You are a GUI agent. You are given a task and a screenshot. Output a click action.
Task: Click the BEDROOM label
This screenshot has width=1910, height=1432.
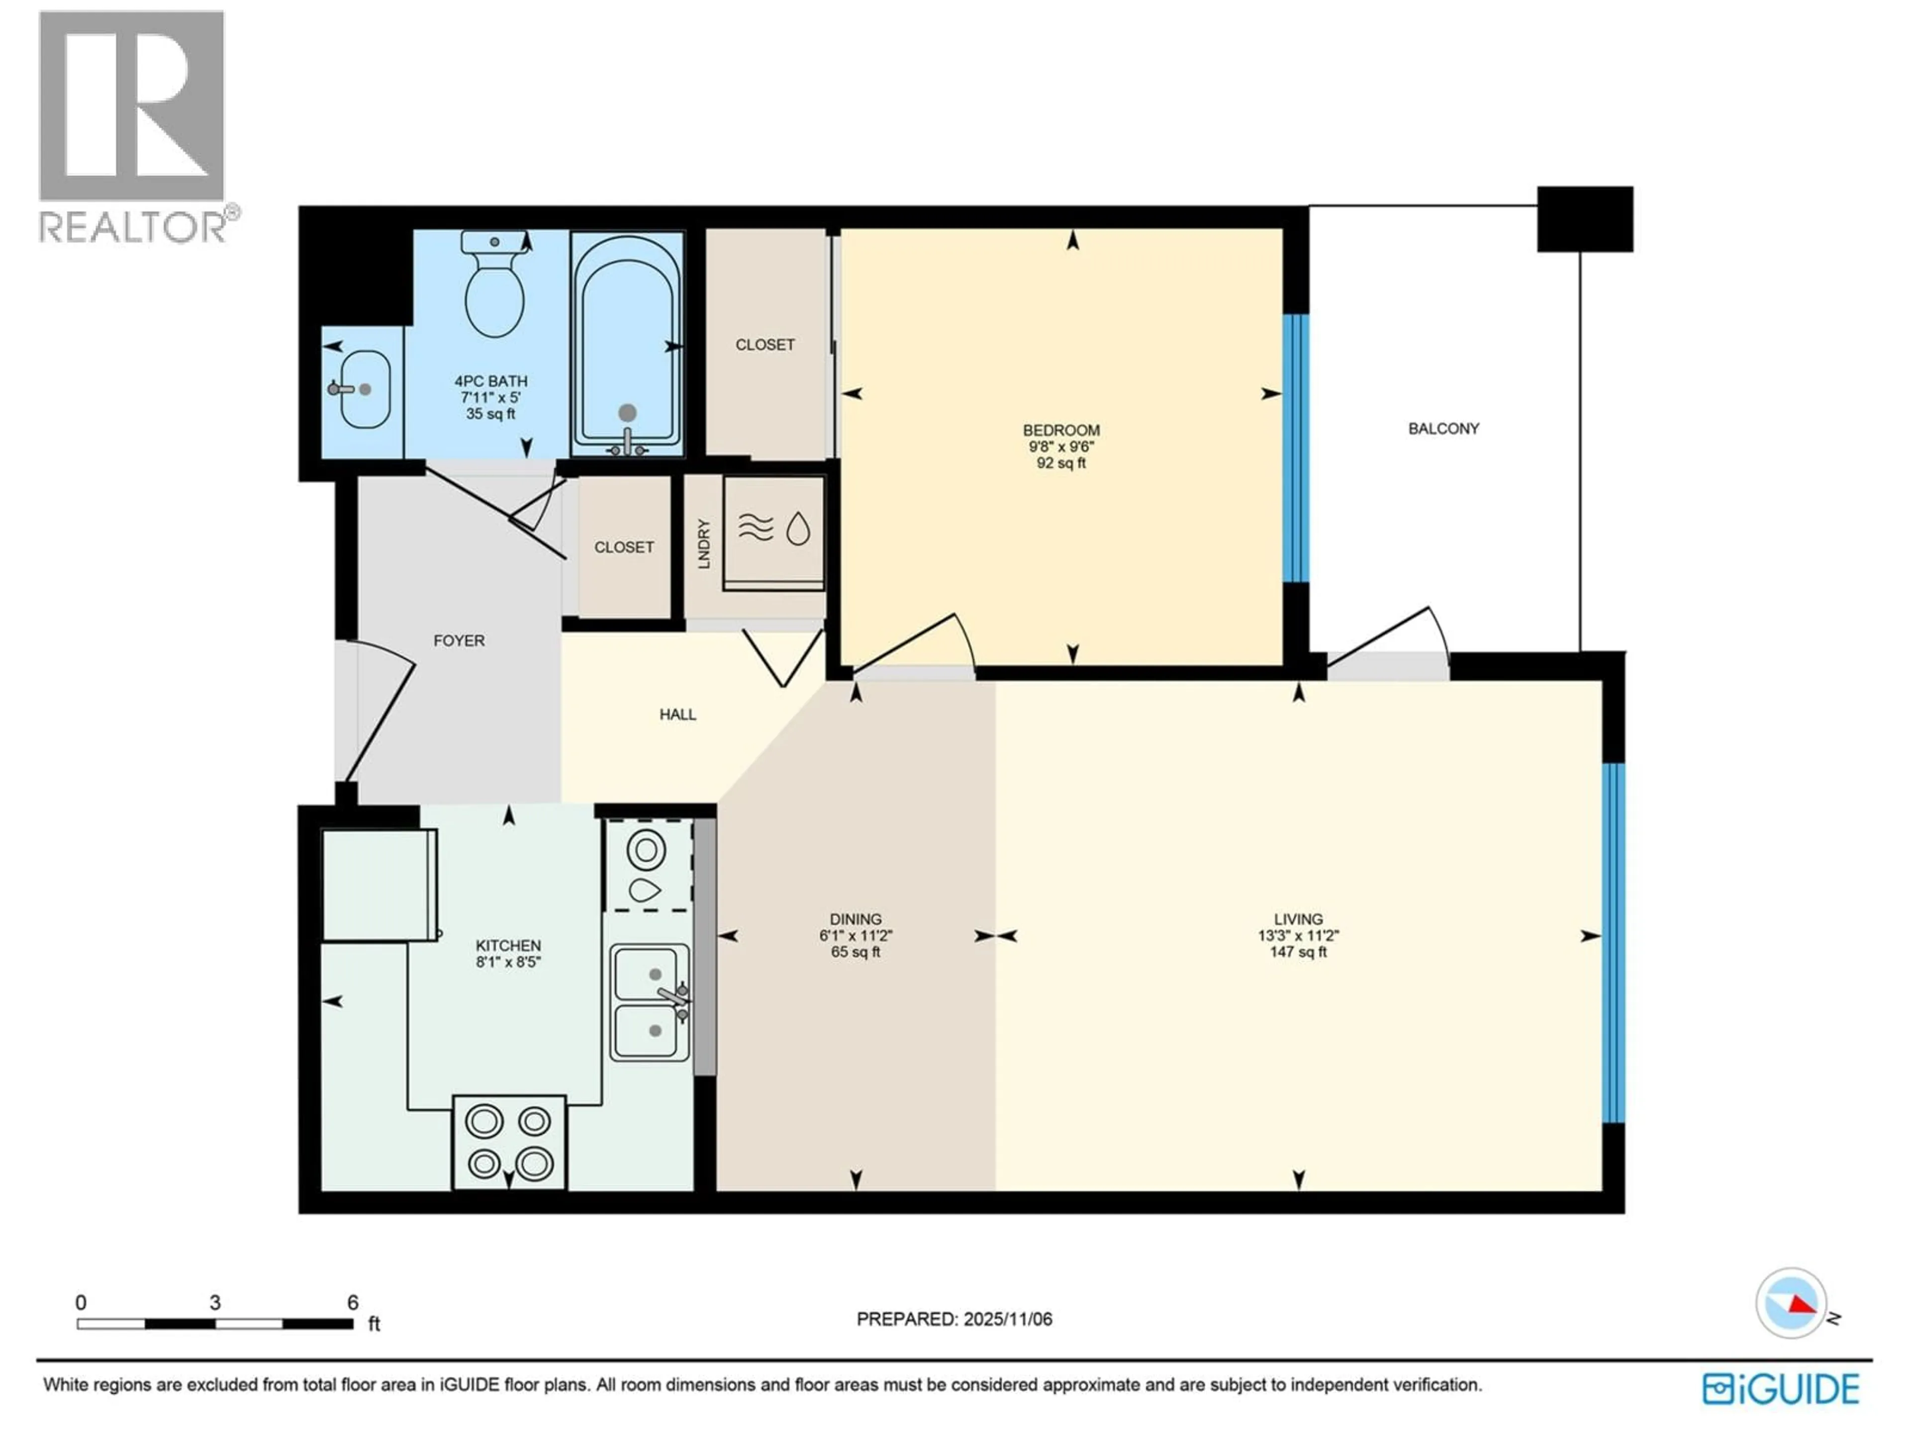point(1061,430)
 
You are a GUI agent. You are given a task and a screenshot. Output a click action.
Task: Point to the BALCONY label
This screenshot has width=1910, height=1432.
point(1443,428)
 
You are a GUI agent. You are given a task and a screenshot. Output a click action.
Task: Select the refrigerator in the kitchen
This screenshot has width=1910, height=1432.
point(378,885)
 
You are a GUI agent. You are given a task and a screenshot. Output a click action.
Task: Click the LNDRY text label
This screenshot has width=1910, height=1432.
point(704,544)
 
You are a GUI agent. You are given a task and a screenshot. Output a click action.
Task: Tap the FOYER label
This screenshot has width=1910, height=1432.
point(459,640)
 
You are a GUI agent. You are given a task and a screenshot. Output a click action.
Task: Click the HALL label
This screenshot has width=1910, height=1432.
point(678,714)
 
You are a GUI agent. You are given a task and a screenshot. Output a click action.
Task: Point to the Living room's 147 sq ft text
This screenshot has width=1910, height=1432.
point(1298,952)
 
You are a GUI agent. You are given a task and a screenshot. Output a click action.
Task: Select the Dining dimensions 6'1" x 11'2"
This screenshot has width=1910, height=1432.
point(856,936)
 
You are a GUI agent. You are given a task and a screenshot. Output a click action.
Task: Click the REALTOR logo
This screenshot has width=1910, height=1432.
point(134,125)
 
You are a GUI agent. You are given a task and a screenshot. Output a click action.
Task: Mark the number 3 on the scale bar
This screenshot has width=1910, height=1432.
point(215,1303)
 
